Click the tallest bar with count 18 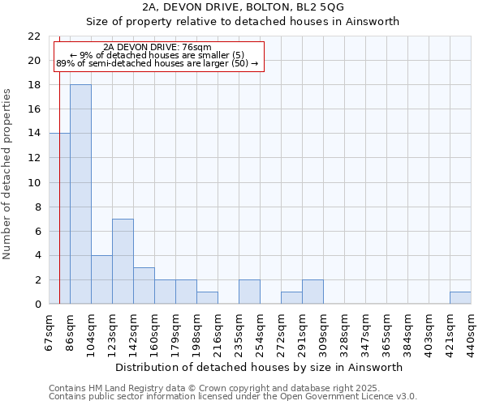[80, 194]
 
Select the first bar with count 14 [59, 219]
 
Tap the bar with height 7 [123, 261]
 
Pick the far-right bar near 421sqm [460, 297]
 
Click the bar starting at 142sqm [144, 285]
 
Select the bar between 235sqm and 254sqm [249, 292]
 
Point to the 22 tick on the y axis [34, 36]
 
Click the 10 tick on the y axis [34, 183]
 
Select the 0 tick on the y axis [37, 305]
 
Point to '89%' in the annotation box [65, 62]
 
